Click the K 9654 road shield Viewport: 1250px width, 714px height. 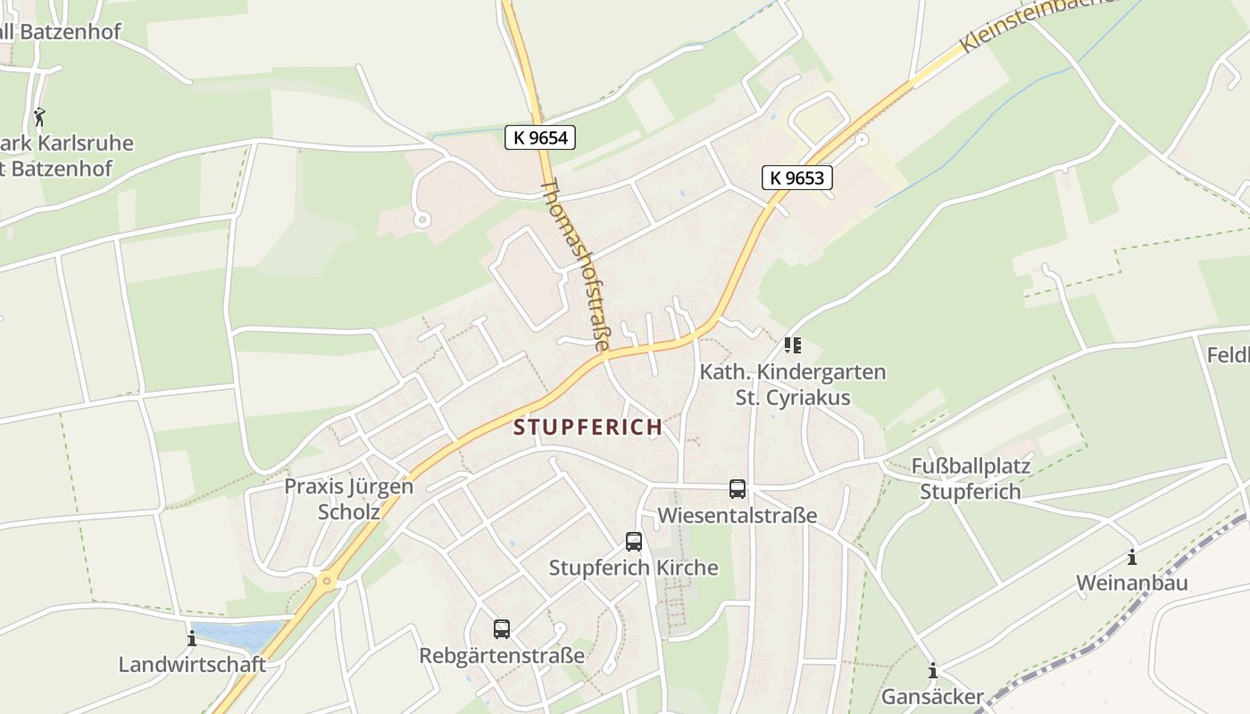pos(540,137)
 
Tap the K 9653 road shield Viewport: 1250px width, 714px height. pos(796,178)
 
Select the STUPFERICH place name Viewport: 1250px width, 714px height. pos(588,428)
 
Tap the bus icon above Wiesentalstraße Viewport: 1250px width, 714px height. pos(737,489)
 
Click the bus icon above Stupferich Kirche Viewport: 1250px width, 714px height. pos(634,542)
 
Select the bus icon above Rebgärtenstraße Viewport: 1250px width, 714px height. pos(502,629)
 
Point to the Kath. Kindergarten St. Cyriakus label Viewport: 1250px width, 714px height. pos(793,385)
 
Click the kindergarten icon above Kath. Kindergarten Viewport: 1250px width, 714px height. pos(793,345)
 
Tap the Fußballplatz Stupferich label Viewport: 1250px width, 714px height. pos(971,479)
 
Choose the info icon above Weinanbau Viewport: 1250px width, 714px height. pos(1132,558)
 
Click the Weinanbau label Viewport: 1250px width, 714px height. pos(1132,584)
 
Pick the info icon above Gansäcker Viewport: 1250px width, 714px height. pos(933,671)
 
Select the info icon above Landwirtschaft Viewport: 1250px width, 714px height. pos(192,639)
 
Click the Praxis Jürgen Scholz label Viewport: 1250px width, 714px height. pos(349,499)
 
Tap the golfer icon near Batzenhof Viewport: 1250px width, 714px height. pos(39,116)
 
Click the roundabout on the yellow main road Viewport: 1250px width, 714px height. pos(327,582)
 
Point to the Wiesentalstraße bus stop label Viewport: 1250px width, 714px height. pos(737,516)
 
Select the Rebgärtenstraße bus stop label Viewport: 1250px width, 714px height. pos(502,656)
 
